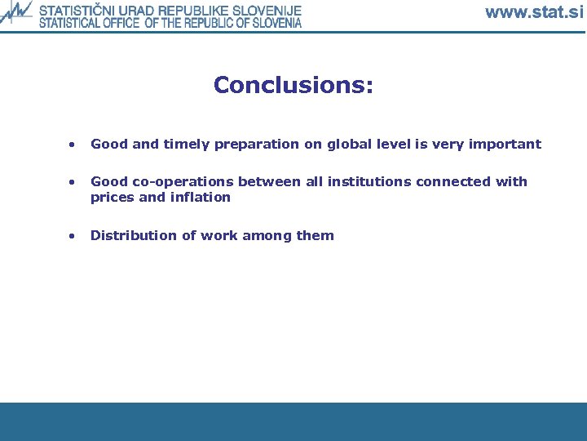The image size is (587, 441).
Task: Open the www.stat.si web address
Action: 534,12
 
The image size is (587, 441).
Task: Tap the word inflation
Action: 200,198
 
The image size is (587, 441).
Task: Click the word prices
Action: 111,198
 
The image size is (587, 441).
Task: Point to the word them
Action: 315,236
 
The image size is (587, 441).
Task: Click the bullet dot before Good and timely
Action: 73,145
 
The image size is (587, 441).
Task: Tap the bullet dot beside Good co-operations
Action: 73,182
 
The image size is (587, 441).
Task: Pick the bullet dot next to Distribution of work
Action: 73,236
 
